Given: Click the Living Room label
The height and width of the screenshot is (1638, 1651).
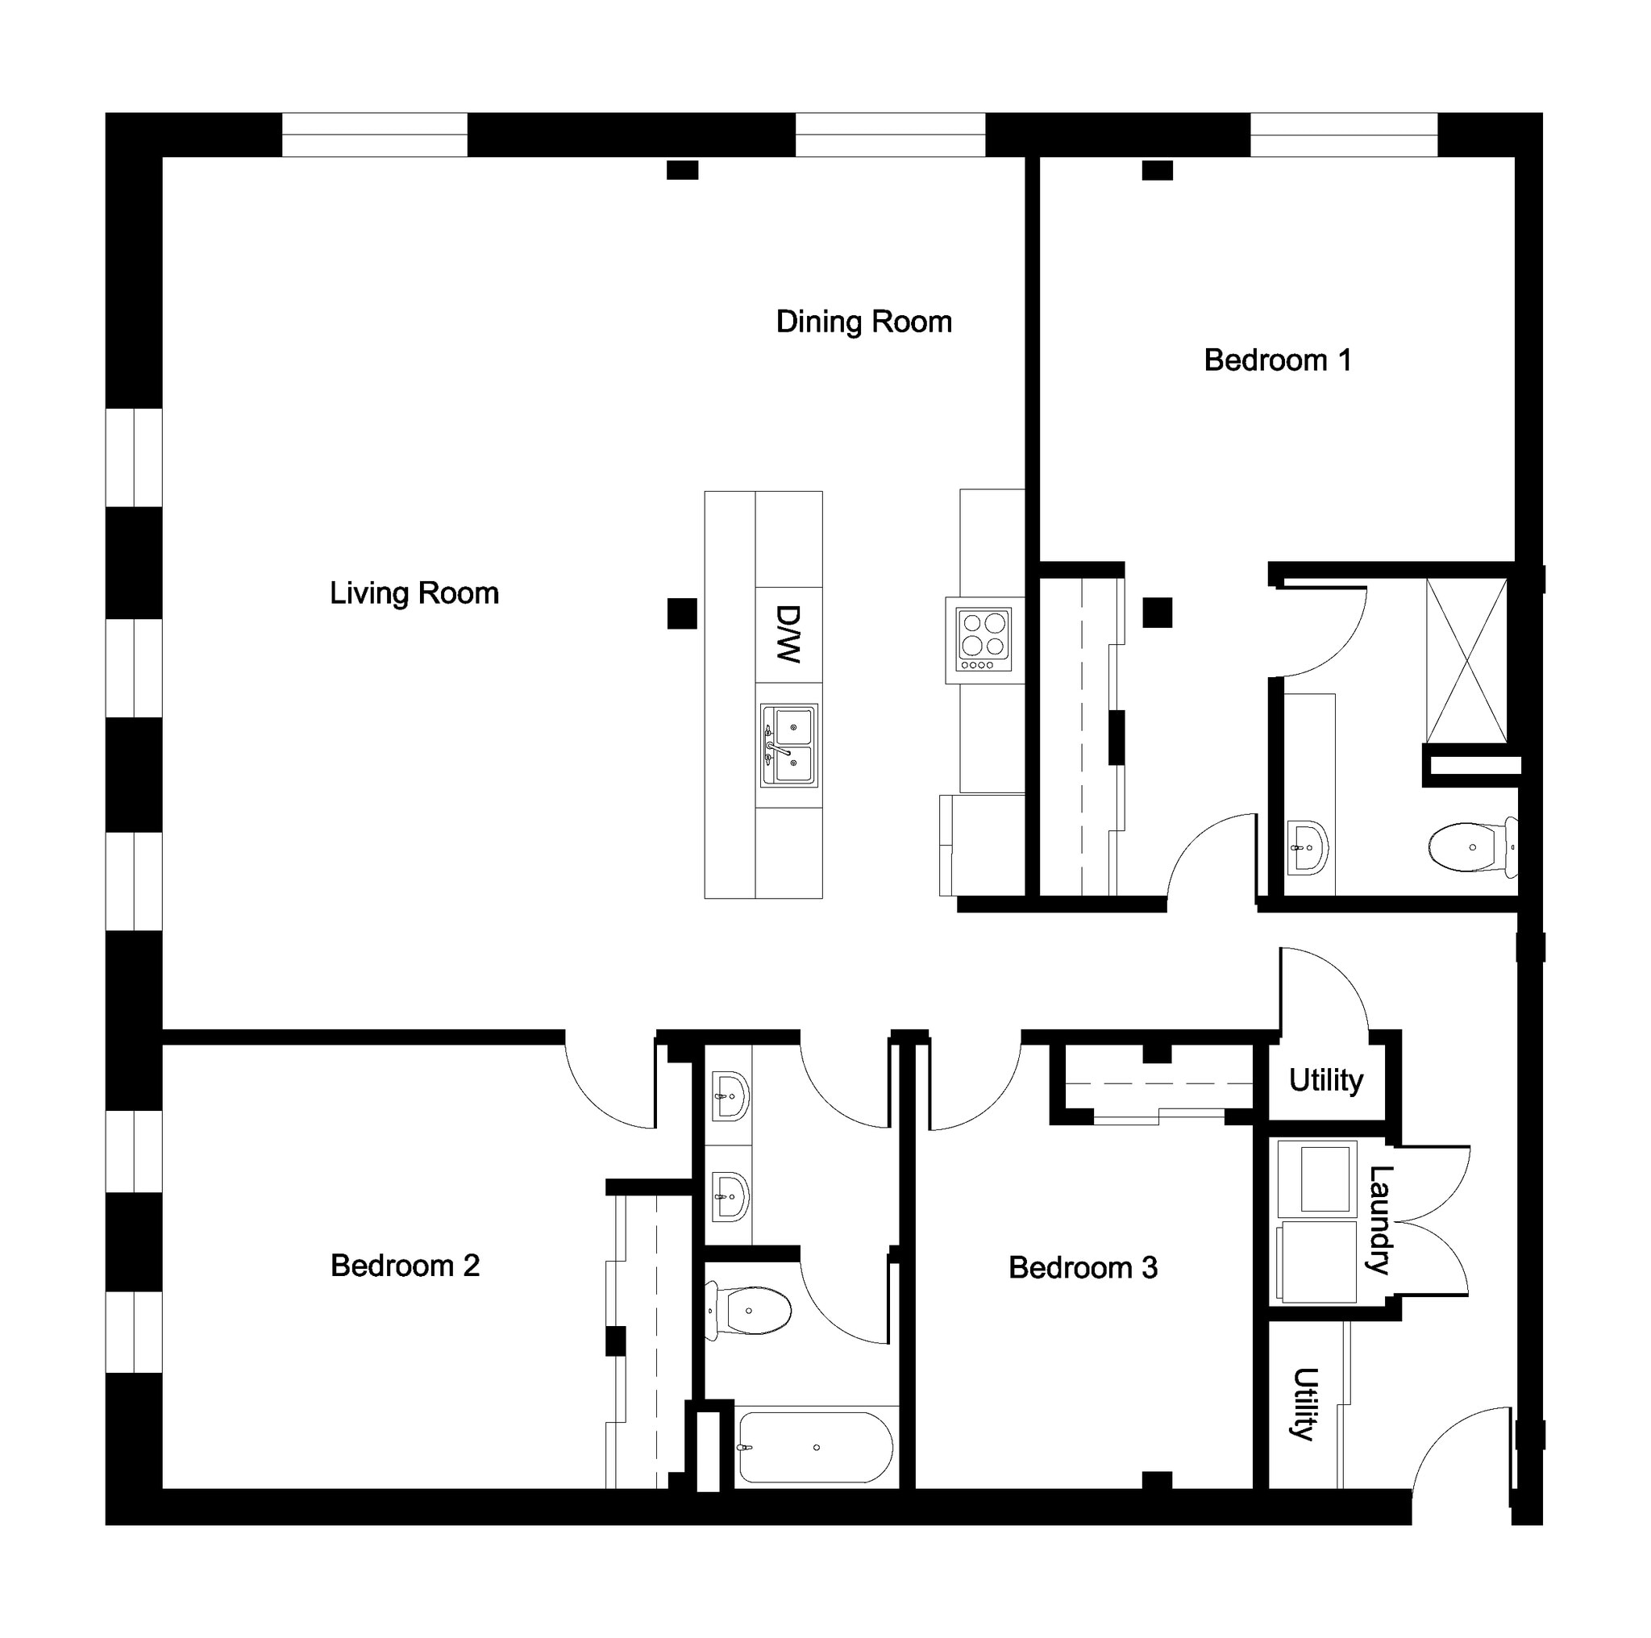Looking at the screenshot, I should click(x=414, y=594).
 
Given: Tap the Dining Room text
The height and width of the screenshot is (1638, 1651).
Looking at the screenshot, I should click(x=863, y=322).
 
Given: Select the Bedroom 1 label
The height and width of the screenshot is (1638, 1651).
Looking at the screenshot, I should click(x=1277, y=360).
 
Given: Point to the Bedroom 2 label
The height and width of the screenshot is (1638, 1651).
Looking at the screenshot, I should click(x=405, y=1266).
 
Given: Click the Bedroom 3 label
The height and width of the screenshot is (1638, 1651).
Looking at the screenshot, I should click(x=1083, y=1267).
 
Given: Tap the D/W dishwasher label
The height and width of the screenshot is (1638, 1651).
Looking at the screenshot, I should click(x=788, y=634).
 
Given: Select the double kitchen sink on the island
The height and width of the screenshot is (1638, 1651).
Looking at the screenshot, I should click(x=788, y=746).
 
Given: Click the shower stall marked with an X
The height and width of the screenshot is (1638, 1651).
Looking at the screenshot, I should click(x=1466, y=659).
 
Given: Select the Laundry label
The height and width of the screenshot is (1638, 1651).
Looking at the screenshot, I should click(x=1379, y=1220).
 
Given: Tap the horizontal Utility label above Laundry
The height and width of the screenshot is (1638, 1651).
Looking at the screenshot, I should click(x=1325, y=1080).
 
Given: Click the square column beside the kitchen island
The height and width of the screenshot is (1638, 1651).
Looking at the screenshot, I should click(x=682, y=613).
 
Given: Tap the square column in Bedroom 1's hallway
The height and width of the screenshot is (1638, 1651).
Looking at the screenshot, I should click(x=1157, y=613).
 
